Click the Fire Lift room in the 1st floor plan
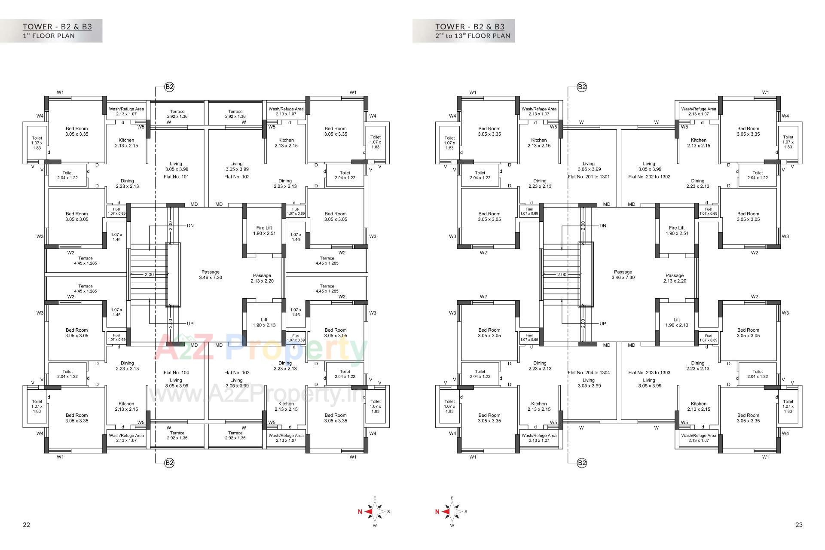pos(264,231)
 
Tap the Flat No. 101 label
pos(176,177)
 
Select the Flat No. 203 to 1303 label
pos(649,373)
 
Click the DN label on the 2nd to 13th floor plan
pos(603,226)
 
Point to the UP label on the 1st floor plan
pos(190,324)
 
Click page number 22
pos(26,525)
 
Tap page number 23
pos(799,525)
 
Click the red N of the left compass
pos(360,511)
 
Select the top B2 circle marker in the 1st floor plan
pos(169,87)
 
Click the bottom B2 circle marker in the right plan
pos(582,463)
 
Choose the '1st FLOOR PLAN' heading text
pos(49,36)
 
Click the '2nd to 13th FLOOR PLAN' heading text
pos(473,36)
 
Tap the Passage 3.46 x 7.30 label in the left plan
pos(211,275)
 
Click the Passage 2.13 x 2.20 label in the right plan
pos(675,278)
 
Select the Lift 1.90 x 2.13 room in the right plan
pos(677,322)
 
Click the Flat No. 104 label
pos(176,373)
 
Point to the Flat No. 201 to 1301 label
pos(589,177)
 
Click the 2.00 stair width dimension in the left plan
pos(149,275)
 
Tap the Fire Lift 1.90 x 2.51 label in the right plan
pos(677,231)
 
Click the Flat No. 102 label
pos(237,177)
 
